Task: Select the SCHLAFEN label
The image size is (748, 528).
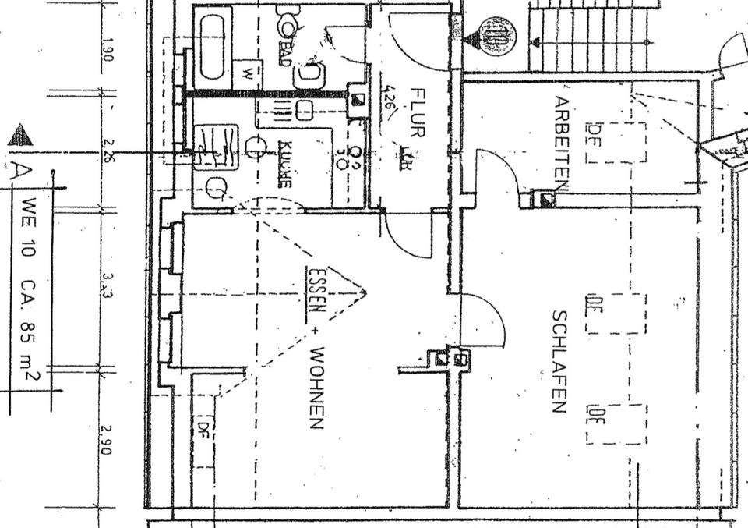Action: click(559, 361)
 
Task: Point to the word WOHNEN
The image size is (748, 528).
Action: click(316, 388)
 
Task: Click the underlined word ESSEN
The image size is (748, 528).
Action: click(315, 289)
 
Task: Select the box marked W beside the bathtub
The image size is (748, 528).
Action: click(247, 75)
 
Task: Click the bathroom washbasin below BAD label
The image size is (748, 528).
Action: click(309, 75)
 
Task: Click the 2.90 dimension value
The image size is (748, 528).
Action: click(108, 439)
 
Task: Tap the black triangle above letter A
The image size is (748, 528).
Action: click(20, 136)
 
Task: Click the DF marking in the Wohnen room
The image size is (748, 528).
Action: click(205, 427)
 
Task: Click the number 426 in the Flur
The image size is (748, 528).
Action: click(387, 99)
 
